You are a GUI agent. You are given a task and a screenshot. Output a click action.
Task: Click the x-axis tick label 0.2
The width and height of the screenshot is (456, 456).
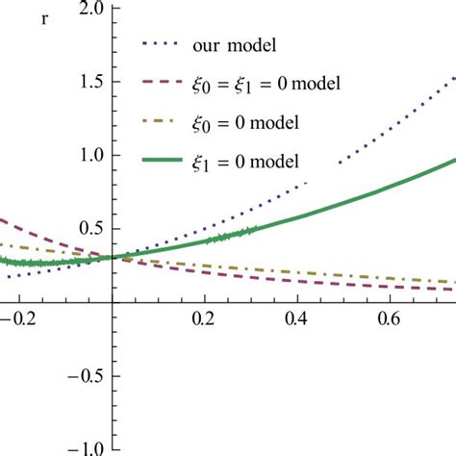point(203,317)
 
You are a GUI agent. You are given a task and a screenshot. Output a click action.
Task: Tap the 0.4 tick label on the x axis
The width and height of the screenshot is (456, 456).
point(295,317)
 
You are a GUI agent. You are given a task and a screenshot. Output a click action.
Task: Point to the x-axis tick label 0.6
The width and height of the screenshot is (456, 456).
point(389,317)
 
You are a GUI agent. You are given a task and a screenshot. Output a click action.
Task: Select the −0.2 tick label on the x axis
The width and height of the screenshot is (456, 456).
point(14,317)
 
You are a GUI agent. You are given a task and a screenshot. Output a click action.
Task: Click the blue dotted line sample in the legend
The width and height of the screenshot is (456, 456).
point(162,44)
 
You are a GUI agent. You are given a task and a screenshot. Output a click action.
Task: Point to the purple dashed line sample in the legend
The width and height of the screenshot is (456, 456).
point(162,83)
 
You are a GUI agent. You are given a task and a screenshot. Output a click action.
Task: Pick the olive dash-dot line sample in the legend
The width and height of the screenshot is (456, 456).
point(162,121)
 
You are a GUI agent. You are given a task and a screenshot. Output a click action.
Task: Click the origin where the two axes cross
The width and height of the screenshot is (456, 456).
point(112,300)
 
